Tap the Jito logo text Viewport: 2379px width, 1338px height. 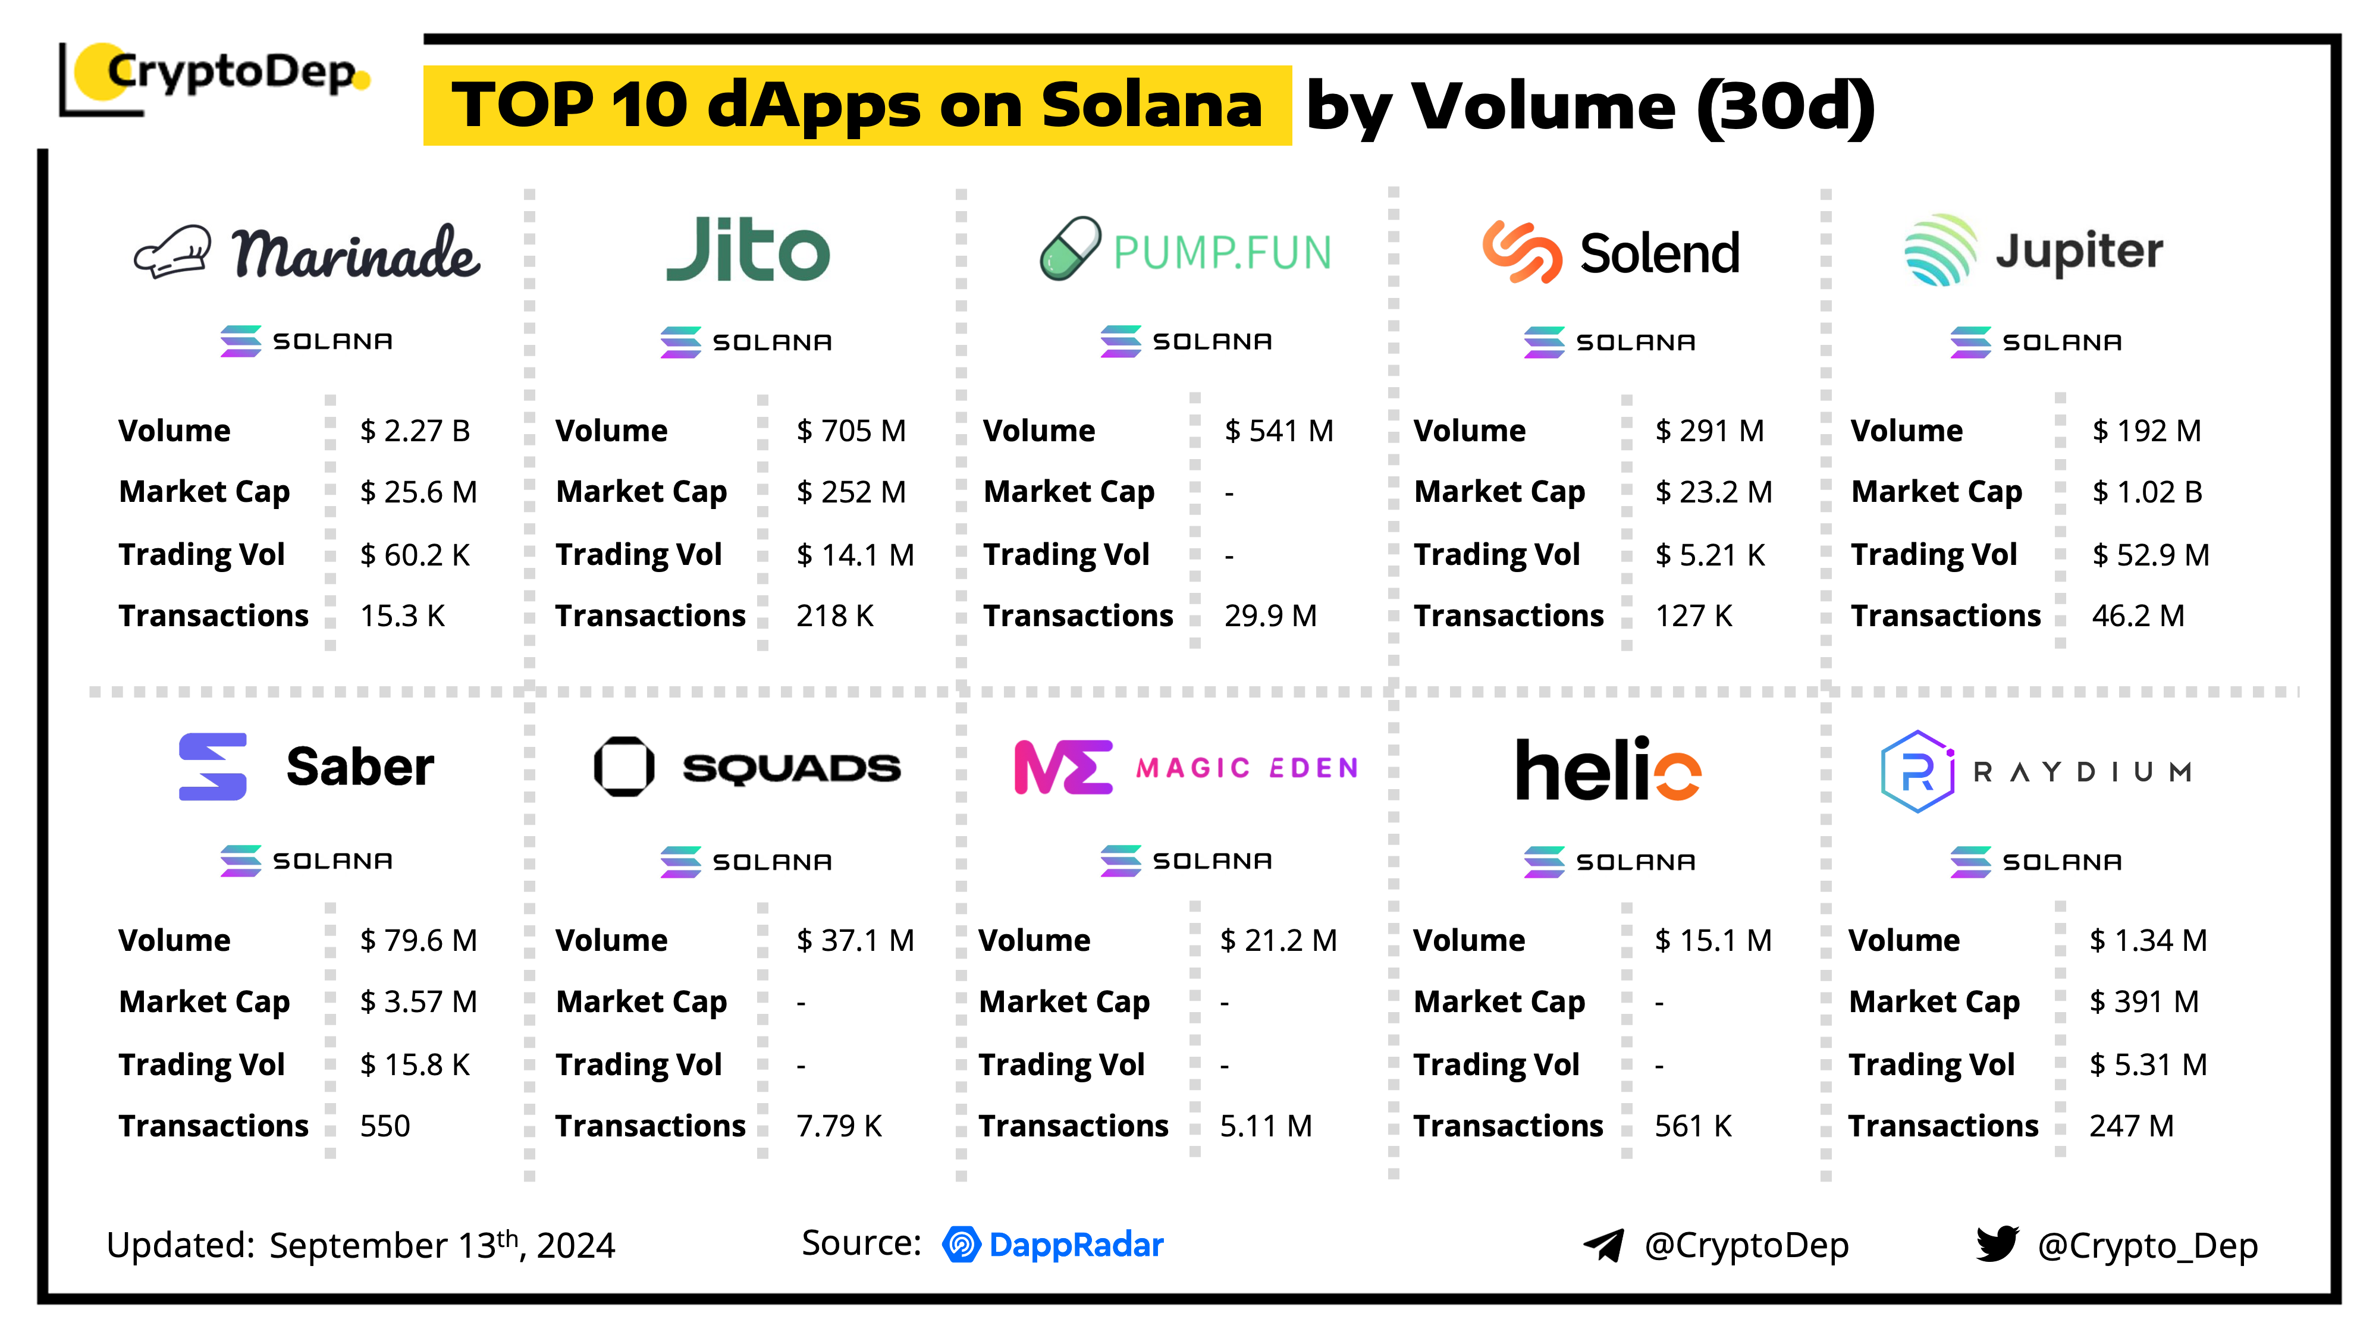(x=748, y=250)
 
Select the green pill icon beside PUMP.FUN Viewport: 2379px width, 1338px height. (x=1069, y=249)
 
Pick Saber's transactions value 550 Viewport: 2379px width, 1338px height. (x=385, y=1126)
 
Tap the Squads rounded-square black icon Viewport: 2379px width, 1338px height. (x=624, y=767)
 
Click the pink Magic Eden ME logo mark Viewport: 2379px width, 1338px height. (x=1062, y=767)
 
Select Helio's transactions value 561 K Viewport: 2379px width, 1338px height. (x=1693, y=1126)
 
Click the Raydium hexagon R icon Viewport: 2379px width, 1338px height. (x=1917, y=772)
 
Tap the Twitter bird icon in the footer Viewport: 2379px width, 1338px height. (x=1997, y=1244)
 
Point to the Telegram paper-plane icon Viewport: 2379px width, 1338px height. (x=1604, y=1246)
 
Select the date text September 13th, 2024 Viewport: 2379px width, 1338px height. (x=441, y=1246)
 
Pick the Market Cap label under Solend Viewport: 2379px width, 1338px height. (x=1499, y=492)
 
